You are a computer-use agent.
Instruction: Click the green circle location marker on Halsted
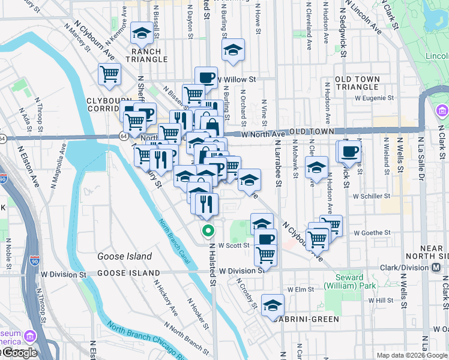coord(208,230)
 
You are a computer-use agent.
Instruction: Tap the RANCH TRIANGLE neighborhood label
coord(146,55)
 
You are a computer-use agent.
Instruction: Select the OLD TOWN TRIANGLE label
coord(357,83)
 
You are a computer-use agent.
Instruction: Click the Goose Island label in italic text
coord(124,256)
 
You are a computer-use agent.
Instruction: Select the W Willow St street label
coord(237,79)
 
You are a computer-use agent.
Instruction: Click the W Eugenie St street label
coord(374,97)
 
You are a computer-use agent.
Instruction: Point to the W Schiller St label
coord(372,196)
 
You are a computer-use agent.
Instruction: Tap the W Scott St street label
coord(234,245)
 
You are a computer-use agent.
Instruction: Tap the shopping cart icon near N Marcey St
coord(110,74)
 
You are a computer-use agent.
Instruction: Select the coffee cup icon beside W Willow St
coord(206,77)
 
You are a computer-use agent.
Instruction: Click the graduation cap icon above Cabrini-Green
coord(273,305)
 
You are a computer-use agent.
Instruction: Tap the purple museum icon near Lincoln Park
coord(442,110)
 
